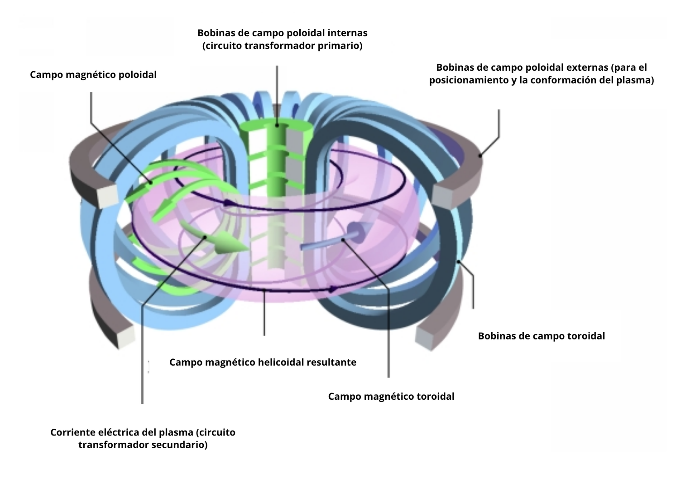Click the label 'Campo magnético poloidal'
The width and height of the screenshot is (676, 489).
(x=93, y=75)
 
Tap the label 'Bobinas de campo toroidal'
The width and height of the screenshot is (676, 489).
(x=541, y=336)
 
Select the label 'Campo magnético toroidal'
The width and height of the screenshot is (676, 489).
(x=391, y=397)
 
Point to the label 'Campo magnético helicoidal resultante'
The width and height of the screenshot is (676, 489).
(x=263, y=363)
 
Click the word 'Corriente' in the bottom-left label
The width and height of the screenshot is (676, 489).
(x=72, y=432)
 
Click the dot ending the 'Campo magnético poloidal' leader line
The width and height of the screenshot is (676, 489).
(x=151, y=183)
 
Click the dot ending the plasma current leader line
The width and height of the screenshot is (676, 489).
(x=206, y=237)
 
